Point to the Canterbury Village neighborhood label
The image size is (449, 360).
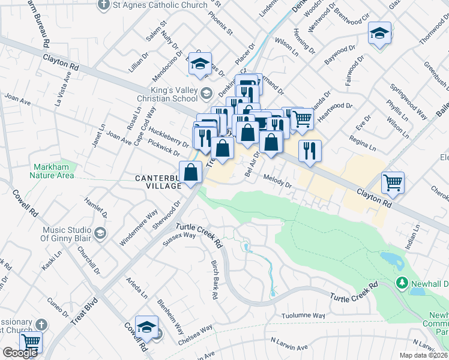(157, 182)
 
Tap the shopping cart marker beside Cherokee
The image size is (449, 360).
(393, 182)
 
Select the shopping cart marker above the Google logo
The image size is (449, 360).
(30, 341)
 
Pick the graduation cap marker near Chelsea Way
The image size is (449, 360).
(146, 326)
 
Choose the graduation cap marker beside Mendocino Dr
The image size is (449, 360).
(200, 64)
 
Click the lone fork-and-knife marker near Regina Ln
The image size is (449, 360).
(310, 151)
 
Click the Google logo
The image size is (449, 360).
(20, 353)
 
